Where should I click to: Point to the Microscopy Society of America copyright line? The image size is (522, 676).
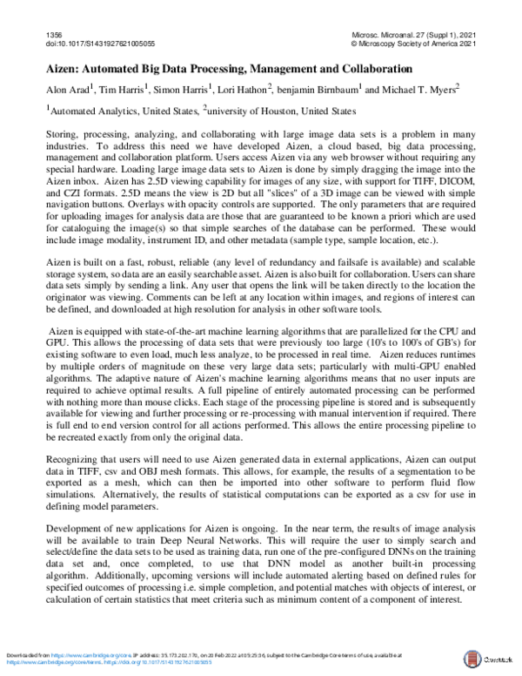click(412, 41)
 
